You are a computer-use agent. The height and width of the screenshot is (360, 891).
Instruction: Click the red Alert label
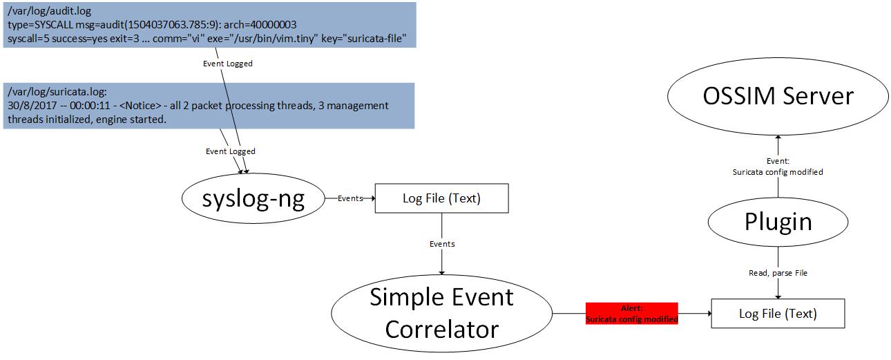632,314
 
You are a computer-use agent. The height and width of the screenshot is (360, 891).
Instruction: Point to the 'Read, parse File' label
778,273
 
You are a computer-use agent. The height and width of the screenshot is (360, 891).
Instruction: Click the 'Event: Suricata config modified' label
778,167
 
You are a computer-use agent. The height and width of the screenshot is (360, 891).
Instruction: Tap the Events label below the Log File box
442,244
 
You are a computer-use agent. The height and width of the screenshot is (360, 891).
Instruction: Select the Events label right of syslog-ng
350,198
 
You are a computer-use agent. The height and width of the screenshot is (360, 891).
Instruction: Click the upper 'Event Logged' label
227,64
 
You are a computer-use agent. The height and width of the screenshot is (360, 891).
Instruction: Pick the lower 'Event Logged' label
230,151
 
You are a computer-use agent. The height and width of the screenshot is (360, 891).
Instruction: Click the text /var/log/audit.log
49,11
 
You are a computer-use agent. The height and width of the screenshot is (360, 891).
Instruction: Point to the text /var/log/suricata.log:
57,92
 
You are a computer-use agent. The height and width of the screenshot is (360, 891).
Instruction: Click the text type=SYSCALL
41,25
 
